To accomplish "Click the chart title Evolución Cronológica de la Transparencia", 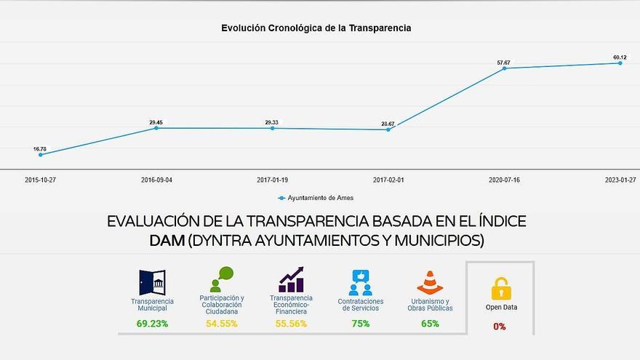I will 316,28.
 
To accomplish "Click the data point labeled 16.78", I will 40,154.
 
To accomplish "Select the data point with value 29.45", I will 156,128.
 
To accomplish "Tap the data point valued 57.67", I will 504,68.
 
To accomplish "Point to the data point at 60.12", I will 620,63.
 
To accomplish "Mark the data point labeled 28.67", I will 388,129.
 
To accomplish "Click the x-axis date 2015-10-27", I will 40,179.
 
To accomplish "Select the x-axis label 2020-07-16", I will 504,179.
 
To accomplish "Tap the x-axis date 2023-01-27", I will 620,179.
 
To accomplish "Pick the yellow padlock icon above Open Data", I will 501,288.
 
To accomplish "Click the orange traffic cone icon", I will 430,282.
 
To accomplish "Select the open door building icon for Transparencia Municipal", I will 152,282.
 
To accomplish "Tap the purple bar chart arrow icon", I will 291,279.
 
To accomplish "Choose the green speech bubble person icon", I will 222,279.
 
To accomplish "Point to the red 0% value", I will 500,327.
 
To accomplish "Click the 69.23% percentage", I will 152,324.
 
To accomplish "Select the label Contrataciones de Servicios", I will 360,305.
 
